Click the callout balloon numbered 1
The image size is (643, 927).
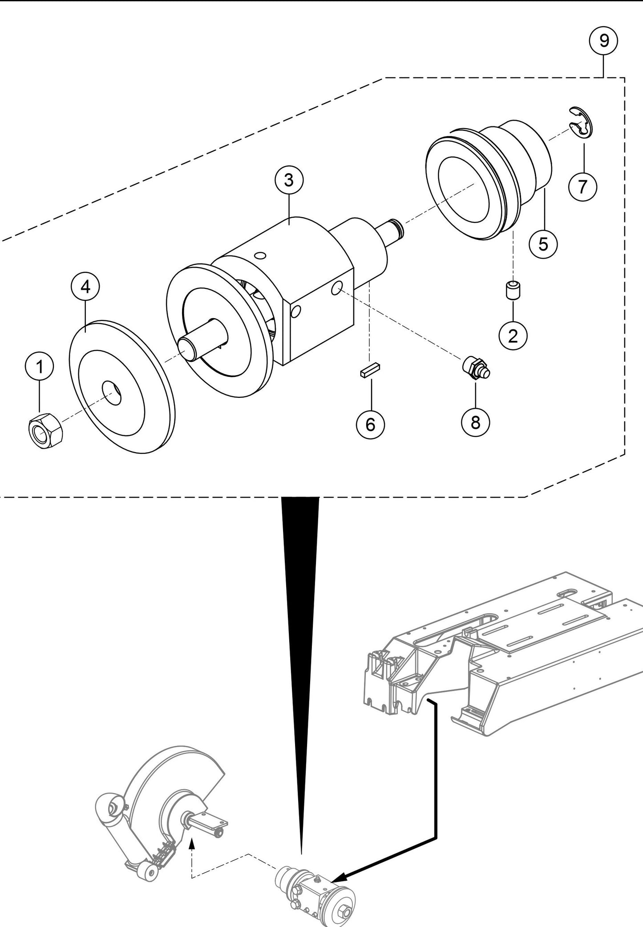click(x=39, y=367)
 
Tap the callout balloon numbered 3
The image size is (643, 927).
click(x=289, y=181)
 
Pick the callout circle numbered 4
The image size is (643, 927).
click(x=85, y=287)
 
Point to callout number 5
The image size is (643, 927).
click(x=543, y=244)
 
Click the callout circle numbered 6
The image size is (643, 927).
click(x=370, y=425)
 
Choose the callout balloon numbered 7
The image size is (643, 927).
click(x=583, y=186)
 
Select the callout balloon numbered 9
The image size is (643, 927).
click(x=603, y=41)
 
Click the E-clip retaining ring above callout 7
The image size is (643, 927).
click(x=581, y=122)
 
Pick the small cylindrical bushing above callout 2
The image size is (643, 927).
click(x=513, y=290)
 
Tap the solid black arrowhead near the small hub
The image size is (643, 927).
click(x=338, y=878)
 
